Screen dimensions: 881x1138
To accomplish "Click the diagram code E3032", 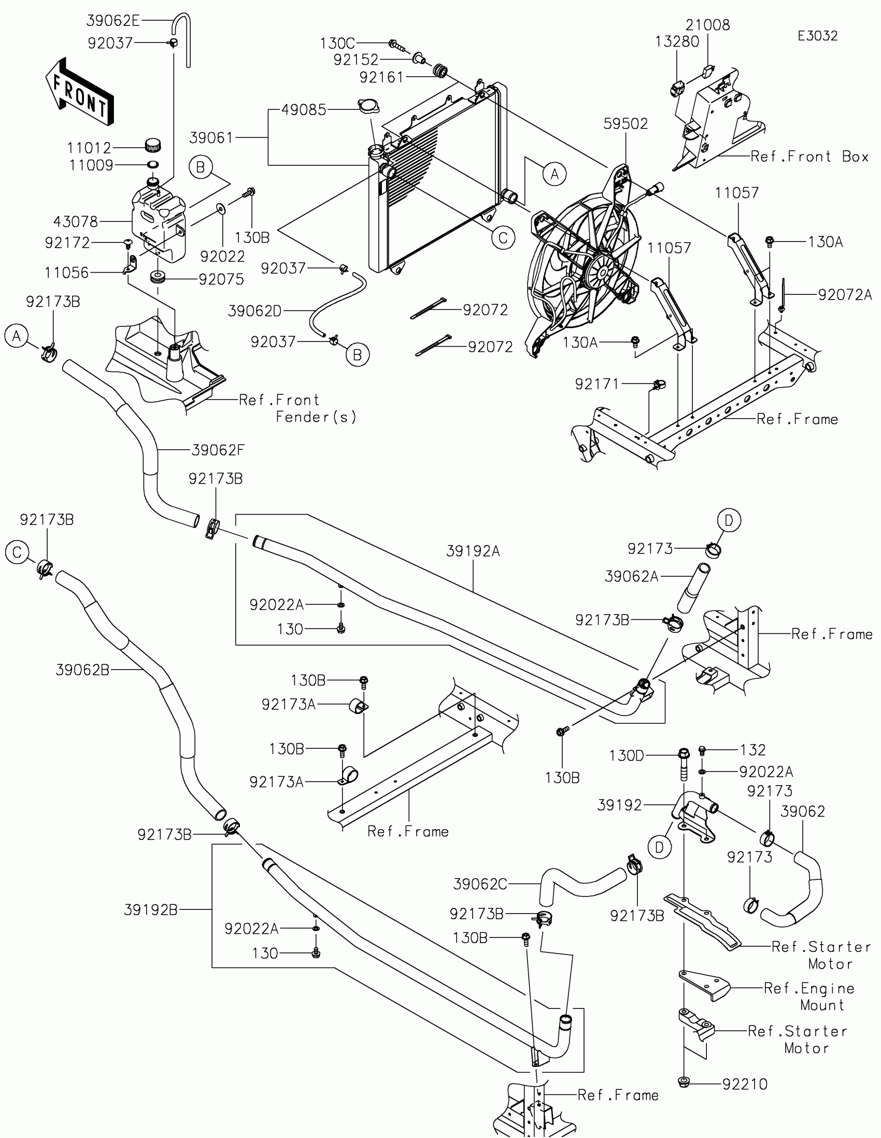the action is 817,36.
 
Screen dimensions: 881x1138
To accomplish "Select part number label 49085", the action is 304,110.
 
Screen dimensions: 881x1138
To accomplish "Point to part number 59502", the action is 626,124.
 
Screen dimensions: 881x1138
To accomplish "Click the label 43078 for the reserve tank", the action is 76,222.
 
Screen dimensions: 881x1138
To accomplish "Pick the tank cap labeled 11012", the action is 153,145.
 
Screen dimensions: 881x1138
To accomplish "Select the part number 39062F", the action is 218,450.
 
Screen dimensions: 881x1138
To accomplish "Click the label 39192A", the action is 473,551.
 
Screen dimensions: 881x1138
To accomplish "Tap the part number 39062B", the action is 83,670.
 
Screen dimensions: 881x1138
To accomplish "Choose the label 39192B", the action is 151,910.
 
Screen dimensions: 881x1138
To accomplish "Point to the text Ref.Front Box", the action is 809,157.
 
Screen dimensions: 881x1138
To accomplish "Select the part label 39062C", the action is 480,884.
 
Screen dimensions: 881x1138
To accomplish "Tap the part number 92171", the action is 597,385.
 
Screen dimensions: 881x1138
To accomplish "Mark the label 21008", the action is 707,25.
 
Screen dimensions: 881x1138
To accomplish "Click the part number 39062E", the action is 113,21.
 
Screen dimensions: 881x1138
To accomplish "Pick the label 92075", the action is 221,280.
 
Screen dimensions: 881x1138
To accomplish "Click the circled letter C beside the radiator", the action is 503,238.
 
